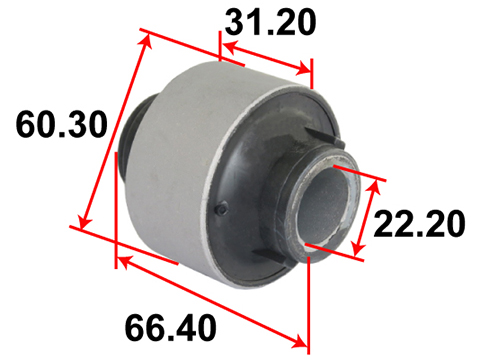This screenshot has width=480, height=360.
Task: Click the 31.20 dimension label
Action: [x=270, y=22]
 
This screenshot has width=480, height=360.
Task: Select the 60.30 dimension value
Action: [x=62, y=125]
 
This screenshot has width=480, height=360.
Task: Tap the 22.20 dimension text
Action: [x=419, y=223]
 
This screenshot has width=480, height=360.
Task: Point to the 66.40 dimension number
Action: [x=171, y=327]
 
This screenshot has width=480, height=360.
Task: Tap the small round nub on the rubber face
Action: [x=222, y=210]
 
